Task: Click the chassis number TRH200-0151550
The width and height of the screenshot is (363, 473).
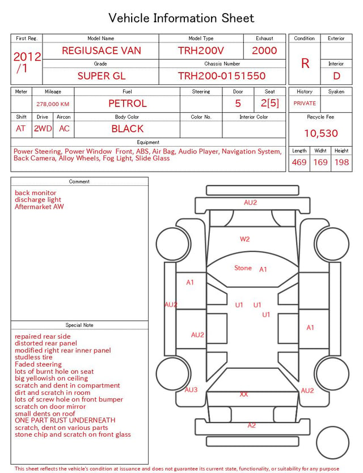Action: pos(222,76)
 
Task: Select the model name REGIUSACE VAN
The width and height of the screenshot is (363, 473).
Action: pos(102,50)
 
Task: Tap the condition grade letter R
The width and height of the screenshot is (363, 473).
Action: pos(305,63)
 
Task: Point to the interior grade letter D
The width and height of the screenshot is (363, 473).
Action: pos(336,76)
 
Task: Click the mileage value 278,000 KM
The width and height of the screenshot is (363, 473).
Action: pos(53,104)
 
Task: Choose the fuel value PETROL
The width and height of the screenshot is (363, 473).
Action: pos(128,104)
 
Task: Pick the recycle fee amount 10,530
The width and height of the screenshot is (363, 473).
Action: pos(320,133)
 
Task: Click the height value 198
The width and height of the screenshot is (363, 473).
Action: pos(341,162)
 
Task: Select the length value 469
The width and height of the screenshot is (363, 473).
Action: pos(299,162)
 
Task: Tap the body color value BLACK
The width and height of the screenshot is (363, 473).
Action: pos(128,129)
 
